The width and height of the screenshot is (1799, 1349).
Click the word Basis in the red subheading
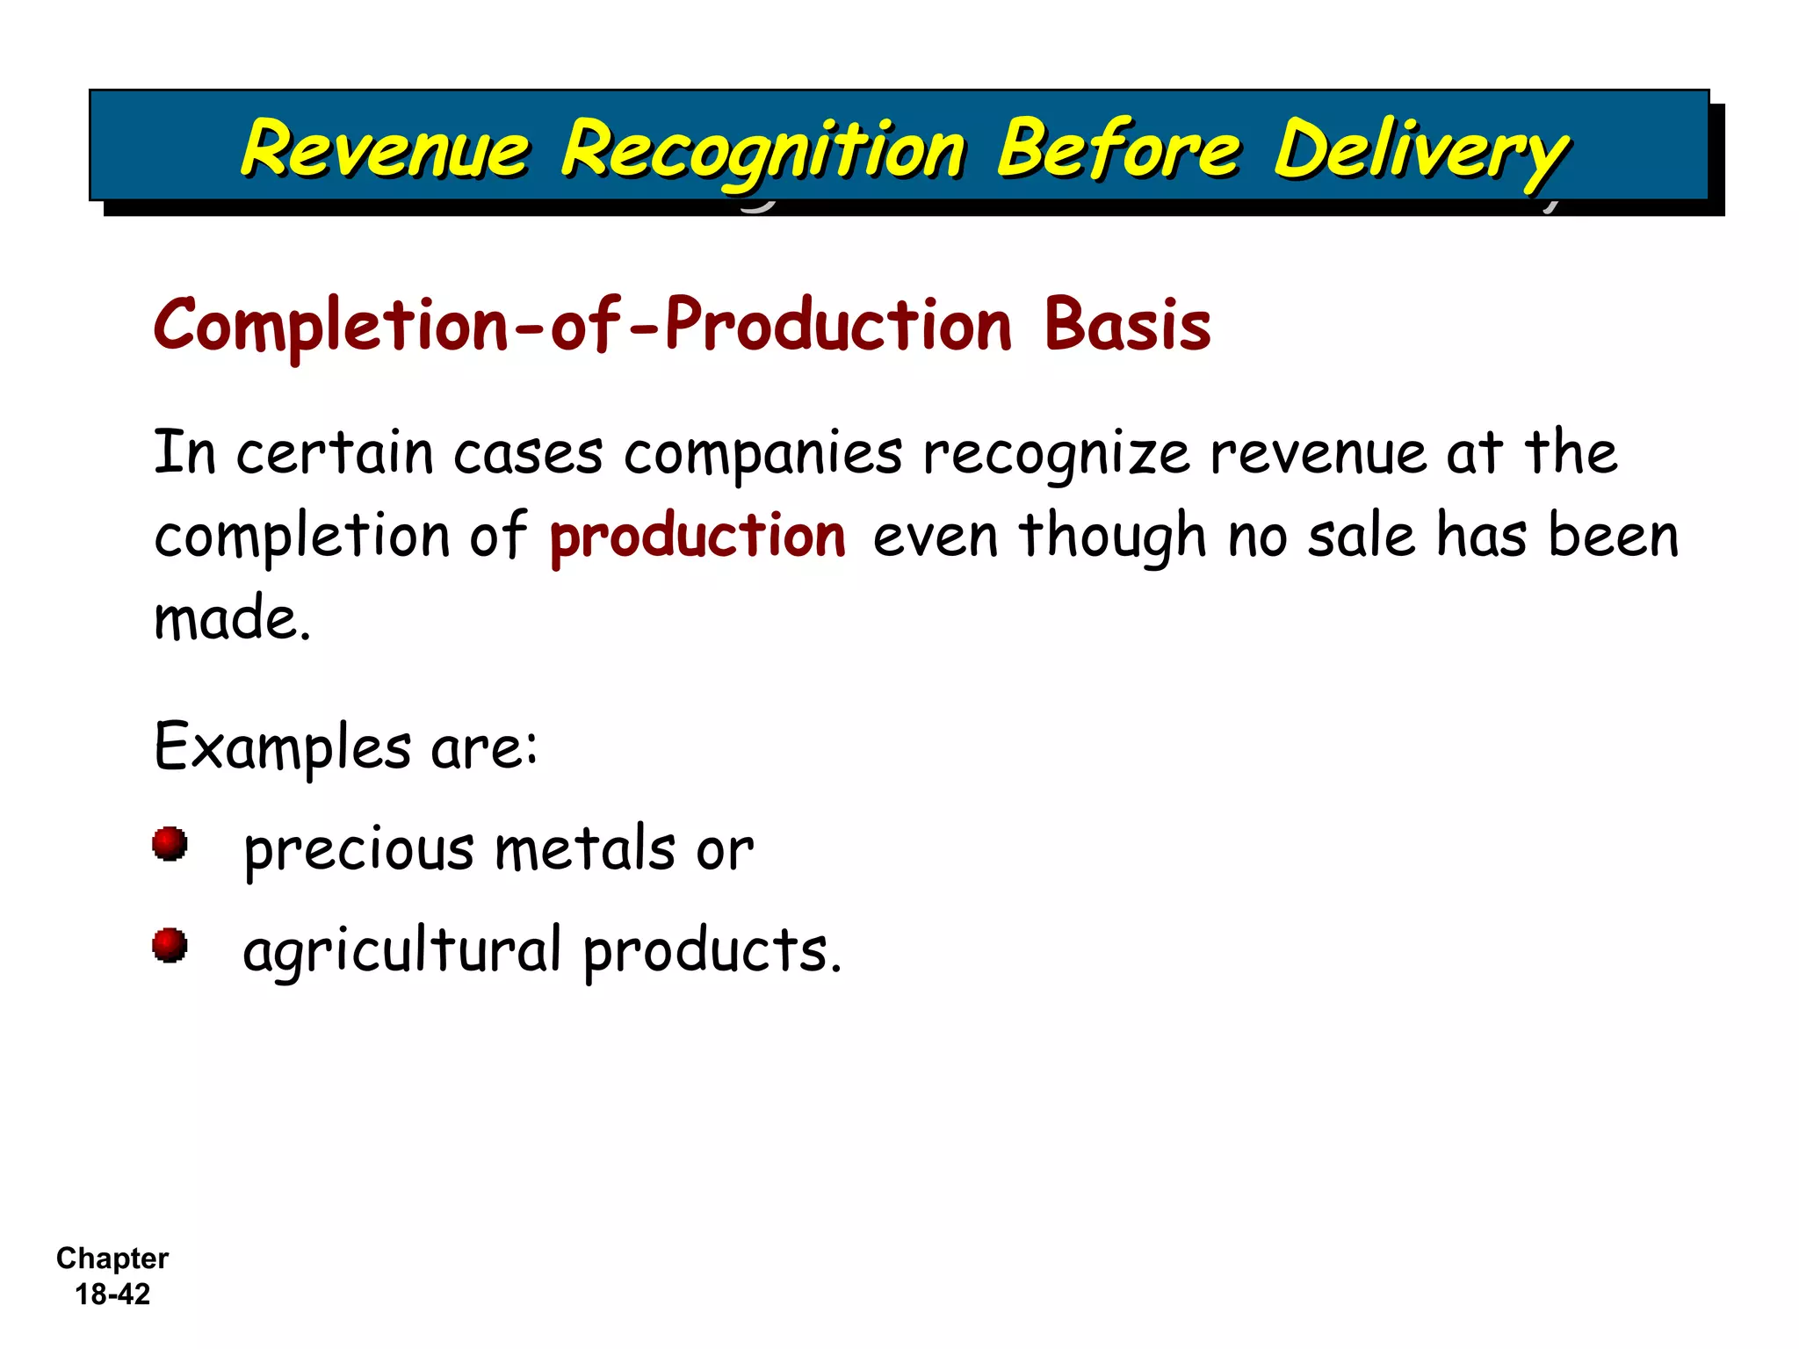tap(1127, 325)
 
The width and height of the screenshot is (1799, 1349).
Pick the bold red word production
tap(697, 536)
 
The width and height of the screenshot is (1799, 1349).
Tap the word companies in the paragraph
tap(762, 454)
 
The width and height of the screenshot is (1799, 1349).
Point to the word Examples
tap(282, 747)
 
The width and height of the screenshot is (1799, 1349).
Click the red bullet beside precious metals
tap(170, 844)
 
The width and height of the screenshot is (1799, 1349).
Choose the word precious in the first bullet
tap(358, 849)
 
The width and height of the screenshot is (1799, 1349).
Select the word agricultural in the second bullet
tap(401, 951)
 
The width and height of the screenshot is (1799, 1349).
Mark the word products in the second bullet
tap(712, 951)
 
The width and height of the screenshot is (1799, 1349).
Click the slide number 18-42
tap(112, 1294)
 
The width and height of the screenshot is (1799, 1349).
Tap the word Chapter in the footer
tap(112, 1259)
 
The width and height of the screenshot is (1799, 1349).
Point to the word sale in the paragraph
tap(1362, 536)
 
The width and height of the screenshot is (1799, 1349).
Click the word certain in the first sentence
tap(335, 454)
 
